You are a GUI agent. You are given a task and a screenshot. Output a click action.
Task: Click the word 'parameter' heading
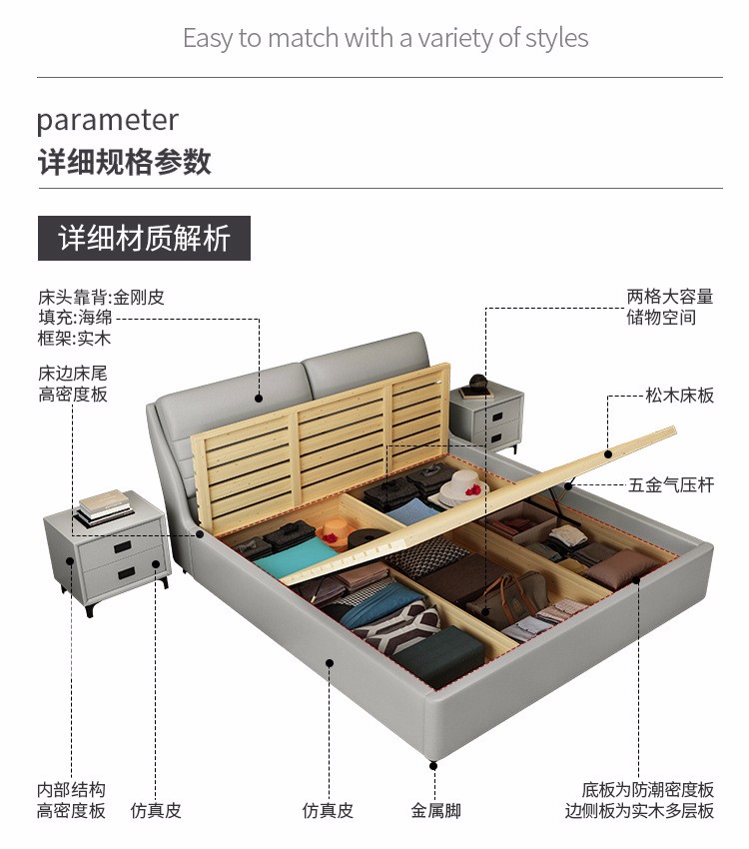[x=107, y=121]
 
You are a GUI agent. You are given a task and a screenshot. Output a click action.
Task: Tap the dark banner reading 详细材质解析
[x=144, y=238]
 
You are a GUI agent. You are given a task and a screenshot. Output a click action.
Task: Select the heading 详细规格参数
[x=124, y=162]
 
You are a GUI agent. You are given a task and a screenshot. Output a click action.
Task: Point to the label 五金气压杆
[x=671, y=485]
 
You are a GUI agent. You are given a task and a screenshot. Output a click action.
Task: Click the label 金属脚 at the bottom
[x=435, y=811]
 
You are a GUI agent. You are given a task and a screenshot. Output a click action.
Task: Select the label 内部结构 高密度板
[x=71, y=800]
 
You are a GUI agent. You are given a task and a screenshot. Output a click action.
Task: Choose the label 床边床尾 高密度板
[x=72, y=384]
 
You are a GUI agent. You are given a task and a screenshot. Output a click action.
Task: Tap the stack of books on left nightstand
[x=102, y=505]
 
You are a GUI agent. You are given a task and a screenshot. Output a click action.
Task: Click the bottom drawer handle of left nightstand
[x=126, y=572]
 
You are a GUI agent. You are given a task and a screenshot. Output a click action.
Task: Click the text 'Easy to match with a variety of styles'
[x=385, y=39]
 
